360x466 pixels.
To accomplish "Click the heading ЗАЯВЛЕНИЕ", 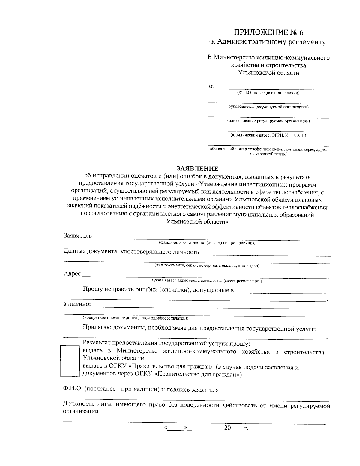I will click(x=197, y=168).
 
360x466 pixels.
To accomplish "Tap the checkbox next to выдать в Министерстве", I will click(x=70, y=353).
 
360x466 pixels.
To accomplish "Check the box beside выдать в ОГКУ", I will click(x=70, y=368).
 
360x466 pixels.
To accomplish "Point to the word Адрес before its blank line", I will click(x=72, y=274).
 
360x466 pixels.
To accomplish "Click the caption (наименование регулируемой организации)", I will click(x=268, y=121).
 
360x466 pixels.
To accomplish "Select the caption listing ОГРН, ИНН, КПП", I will click(x=268, y=135).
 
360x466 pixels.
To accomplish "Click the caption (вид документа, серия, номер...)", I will click(x=207, y=266).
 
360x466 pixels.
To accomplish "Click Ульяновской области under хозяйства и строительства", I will click(x=268, y=73).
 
